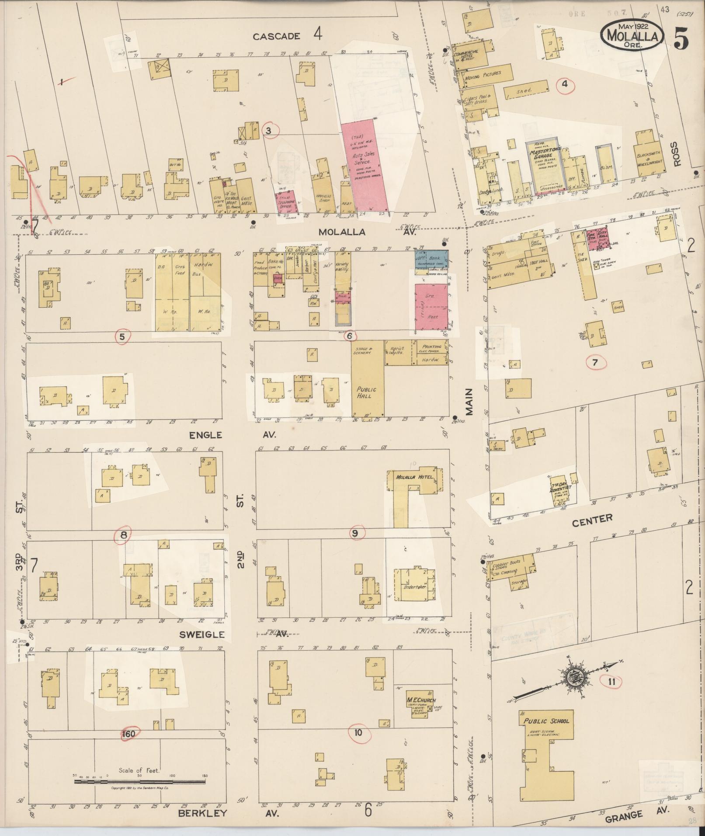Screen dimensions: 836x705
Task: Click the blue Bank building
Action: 431,260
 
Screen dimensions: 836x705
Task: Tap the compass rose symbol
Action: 573,679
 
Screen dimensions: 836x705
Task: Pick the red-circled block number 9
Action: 355,533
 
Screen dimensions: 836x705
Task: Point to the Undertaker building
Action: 415,586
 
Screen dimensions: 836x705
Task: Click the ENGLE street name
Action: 205,435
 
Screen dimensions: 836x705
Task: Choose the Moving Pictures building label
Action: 483,75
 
